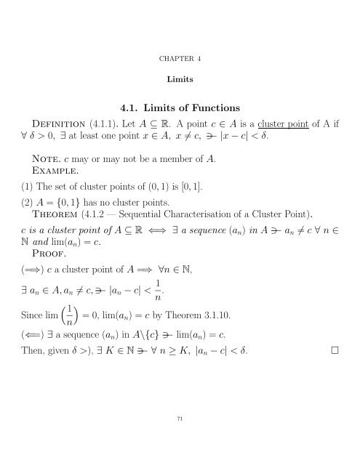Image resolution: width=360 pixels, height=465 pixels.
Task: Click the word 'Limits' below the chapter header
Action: click(x=179, y=76)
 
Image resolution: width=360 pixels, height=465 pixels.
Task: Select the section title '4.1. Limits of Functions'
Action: click(x=180, y=111)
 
